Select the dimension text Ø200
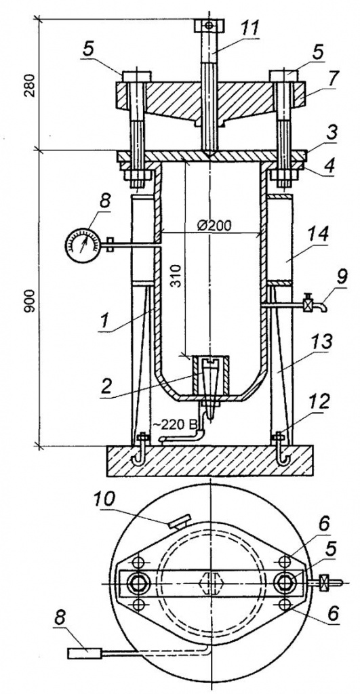point(214,226)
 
